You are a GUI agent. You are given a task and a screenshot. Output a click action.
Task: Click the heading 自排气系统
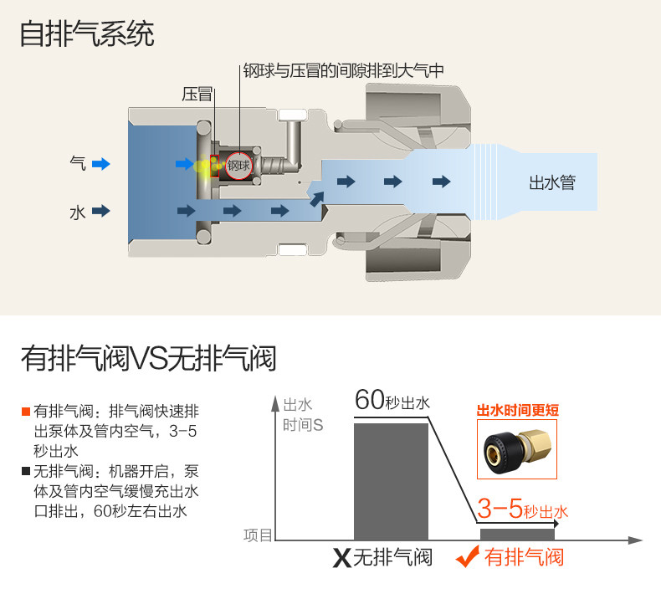click(x=87, y=34)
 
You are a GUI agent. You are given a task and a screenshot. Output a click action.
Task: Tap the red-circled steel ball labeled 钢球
click(x=238, y=165)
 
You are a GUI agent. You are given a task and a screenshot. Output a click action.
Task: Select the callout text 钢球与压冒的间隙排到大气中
click(x=342, y=71)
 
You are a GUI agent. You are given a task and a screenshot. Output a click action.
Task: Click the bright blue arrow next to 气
click(x=101, y=164)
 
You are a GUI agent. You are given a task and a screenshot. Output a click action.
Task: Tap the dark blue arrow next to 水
click(x=101, y=211)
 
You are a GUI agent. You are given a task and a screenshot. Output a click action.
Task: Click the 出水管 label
click(x=552, y=182)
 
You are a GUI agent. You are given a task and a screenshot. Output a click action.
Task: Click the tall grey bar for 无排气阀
click(x=391, y=480)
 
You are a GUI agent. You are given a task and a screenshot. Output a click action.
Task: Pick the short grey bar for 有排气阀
click(x=517, y=534)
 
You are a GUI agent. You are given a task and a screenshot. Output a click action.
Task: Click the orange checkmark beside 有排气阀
click(x=469, y=556)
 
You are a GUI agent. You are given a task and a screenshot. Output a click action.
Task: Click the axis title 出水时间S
click(x=303, y=414)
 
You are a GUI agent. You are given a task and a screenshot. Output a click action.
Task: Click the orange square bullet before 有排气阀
click(x=27, y=412)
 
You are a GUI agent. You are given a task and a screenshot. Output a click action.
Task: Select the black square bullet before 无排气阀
click(x=27, y=471)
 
